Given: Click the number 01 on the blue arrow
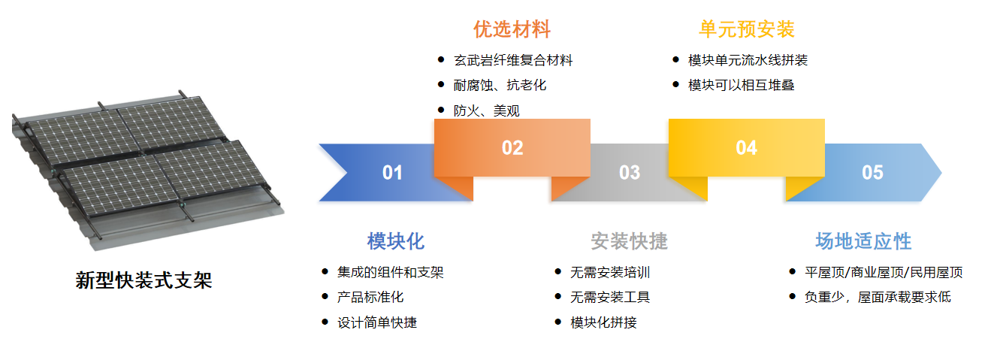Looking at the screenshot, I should coord(392,173).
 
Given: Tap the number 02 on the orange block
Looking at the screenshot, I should coord(512,148).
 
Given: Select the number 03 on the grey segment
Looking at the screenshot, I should coord(630,173).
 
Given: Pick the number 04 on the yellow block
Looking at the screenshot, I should coord(746,148).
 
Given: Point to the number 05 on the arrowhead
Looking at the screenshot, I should coord(872,173).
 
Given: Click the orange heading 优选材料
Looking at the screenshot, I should coord(512,29).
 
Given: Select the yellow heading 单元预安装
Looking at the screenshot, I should coord(746,29).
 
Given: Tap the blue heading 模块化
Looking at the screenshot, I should coord(395,241).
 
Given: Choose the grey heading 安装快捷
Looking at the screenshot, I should coord(629,241).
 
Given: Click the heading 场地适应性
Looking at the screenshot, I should coord(863,241).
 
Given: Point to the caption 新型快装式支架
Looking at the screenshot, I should coord(144,280).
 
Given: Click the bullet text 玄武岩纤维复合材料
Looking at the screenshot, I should coord(513,60).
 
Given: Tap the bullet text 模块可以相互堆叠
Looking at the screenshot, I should coord(741,85).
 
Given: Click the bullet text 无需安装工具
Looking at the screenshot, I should coord(610,297).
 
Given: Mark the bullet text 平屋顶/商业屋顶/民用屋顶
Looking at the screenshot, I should coord(884,272).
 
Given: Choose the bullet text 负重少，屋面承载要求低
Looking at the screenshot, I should coord(878,297).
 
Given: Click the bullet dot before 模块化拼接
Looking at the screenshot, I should coord(557,322).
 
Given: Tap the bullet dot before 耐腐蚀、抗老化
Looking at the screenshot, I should coord(441,84).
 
